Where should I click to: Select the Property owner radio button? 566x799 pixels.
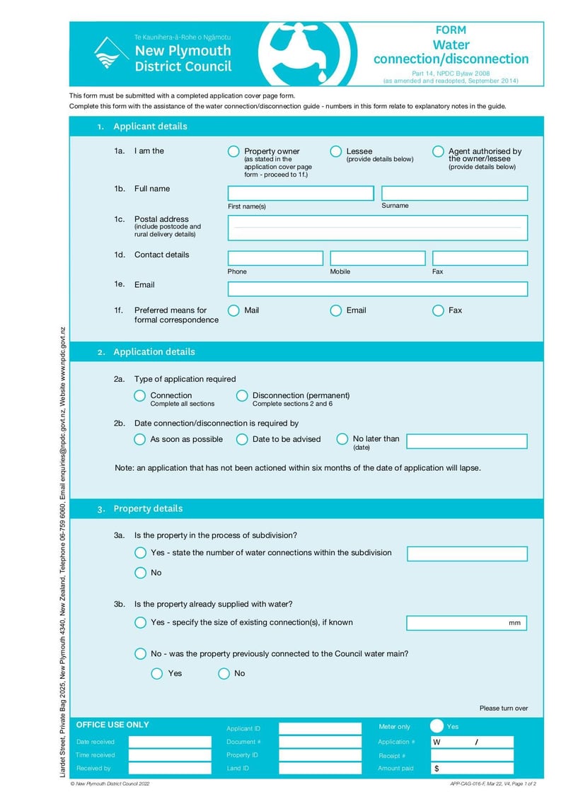[x=233, y=151]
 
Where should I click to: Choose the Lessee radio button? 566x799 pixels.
[x=336, y=151]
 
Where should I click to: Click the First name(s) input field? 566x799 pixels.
[x=301, y=193]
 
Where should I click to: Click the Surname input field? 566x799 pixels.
[x=454, y=193]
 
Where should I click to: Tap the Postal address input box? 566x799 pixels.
[x=377, y=228]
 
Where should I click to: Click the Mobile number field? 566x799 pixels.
[x=377, y=258]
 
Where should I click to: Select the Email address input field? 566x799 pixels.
[x=377, y=288]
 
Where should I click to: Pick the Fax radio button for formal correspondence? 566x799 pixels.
[x=438, y=310]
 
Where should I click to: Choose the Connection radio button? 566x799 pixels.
[x=140, y=396]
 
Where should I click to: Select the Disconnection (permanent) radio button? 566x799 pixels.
[x=242, y=396]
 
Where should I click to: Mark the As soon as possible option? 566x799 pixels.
[x=140, y=439]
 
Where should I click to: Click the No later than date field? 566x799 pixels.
[x=467, y=441]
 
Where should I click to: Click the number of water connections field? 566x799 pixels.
[x=467, y=554]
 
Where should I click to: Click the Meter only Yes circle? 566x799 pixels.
[x=437, y=726]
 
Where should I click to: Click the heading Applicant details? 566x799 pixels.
[x=150, y=127]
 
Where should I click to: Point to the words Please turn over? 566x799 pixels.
[x=503, y=708]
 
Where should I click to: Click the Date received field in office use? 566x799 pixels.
[x=170, y=742]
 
